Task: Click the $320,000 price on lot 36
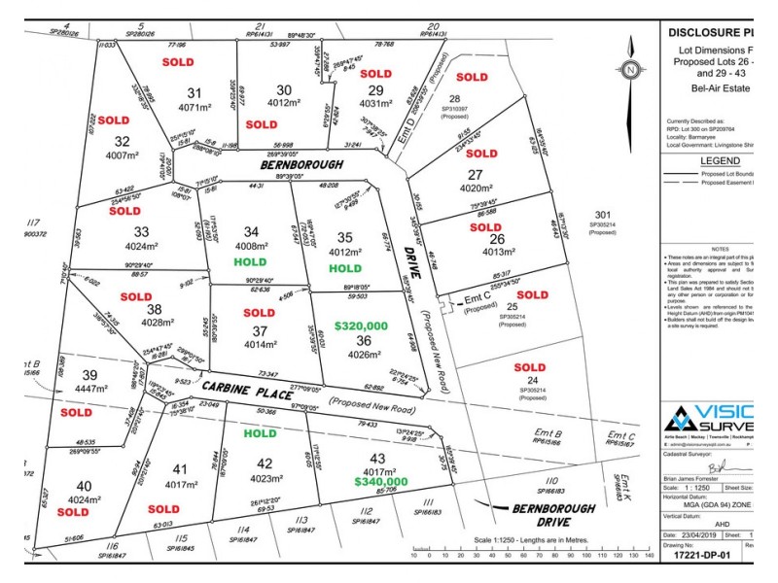point(361,326)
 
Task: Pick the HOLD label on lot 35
point(345,268)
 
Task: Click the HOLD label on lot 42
point(261,434)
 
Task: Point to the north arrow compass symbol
point(631,70)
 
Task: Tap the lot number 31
point(195,93)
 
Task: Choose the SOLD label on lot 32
point(113,121)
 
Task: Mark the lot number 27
point(477,175)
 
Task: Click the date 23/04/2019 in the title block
point(692,535)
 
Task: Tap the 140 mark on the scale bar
point(648,556)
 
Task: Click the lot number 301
point(603,215)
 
